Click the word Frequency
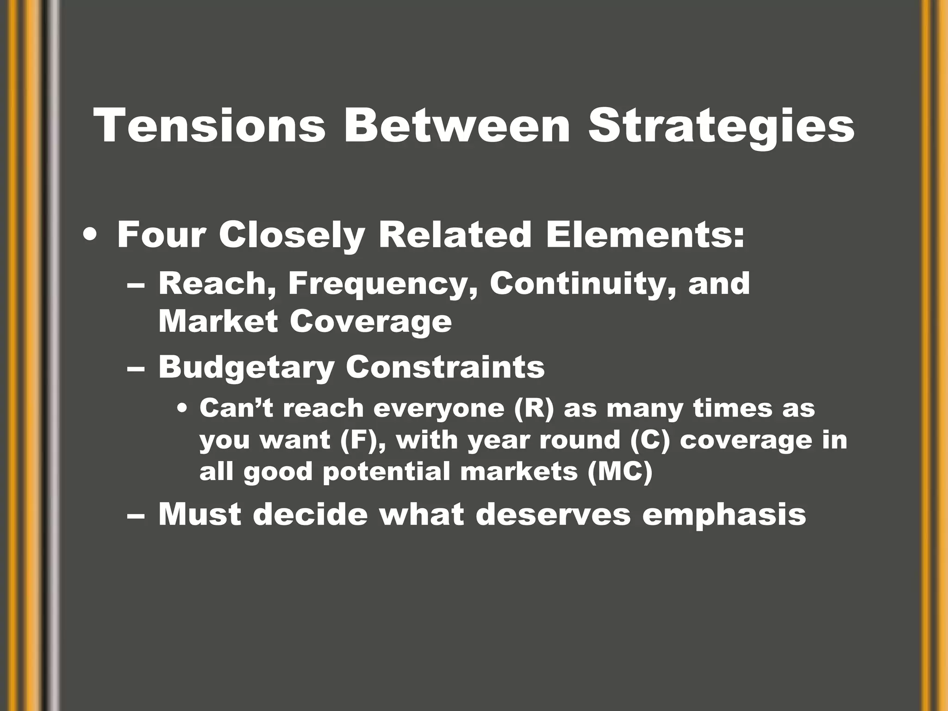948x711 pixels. tap(382, 284)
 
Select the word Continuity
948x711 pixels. tap(583, 284)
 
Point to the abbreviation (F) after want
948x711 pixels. tap(363, 440)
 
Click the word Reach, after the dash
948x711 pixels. tap(216, 284)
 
